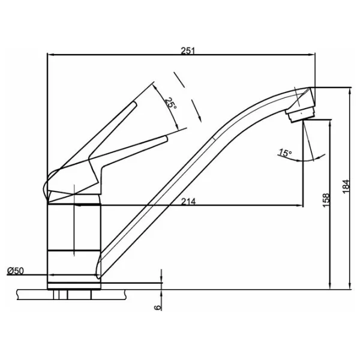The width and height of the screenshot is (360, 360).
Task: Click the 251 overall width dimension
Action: pos(188,50)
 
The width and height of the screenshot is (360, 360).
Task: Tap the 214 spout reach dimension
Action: pos(188,202)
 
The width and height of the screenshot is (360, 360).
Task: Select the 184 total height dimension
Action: pos(346,187)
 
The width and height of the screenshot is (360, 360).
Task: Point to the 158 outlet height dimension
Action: pos(326,200)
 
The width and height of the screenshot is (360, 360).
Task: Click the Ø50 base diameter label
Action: pos(16,271)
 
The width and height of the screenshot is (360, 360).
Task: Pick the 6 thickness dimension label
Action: pos(157,308)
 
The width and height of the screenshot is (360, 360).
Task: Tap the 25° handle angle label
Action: pos(171,104)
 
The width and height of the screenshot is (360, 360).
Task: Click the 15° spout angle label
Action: pos(285,152)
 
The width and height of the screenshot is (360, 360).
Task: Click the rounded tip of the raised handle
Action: pos(134,104)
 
